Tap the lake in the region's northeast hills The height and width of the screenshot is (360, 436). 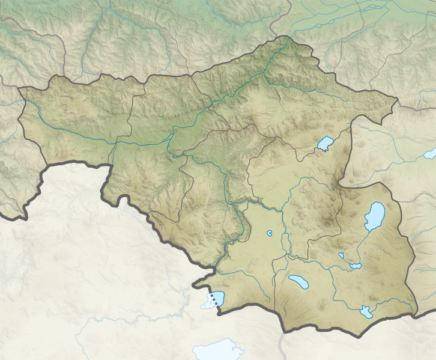point(325,144)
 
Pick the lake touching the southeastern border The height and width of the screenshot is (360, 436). point(365,312)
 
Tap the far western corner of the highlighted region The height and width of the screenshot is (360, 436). point(19,88)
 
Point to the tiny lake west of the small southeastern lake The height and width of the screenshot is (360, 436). point(341,255)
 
